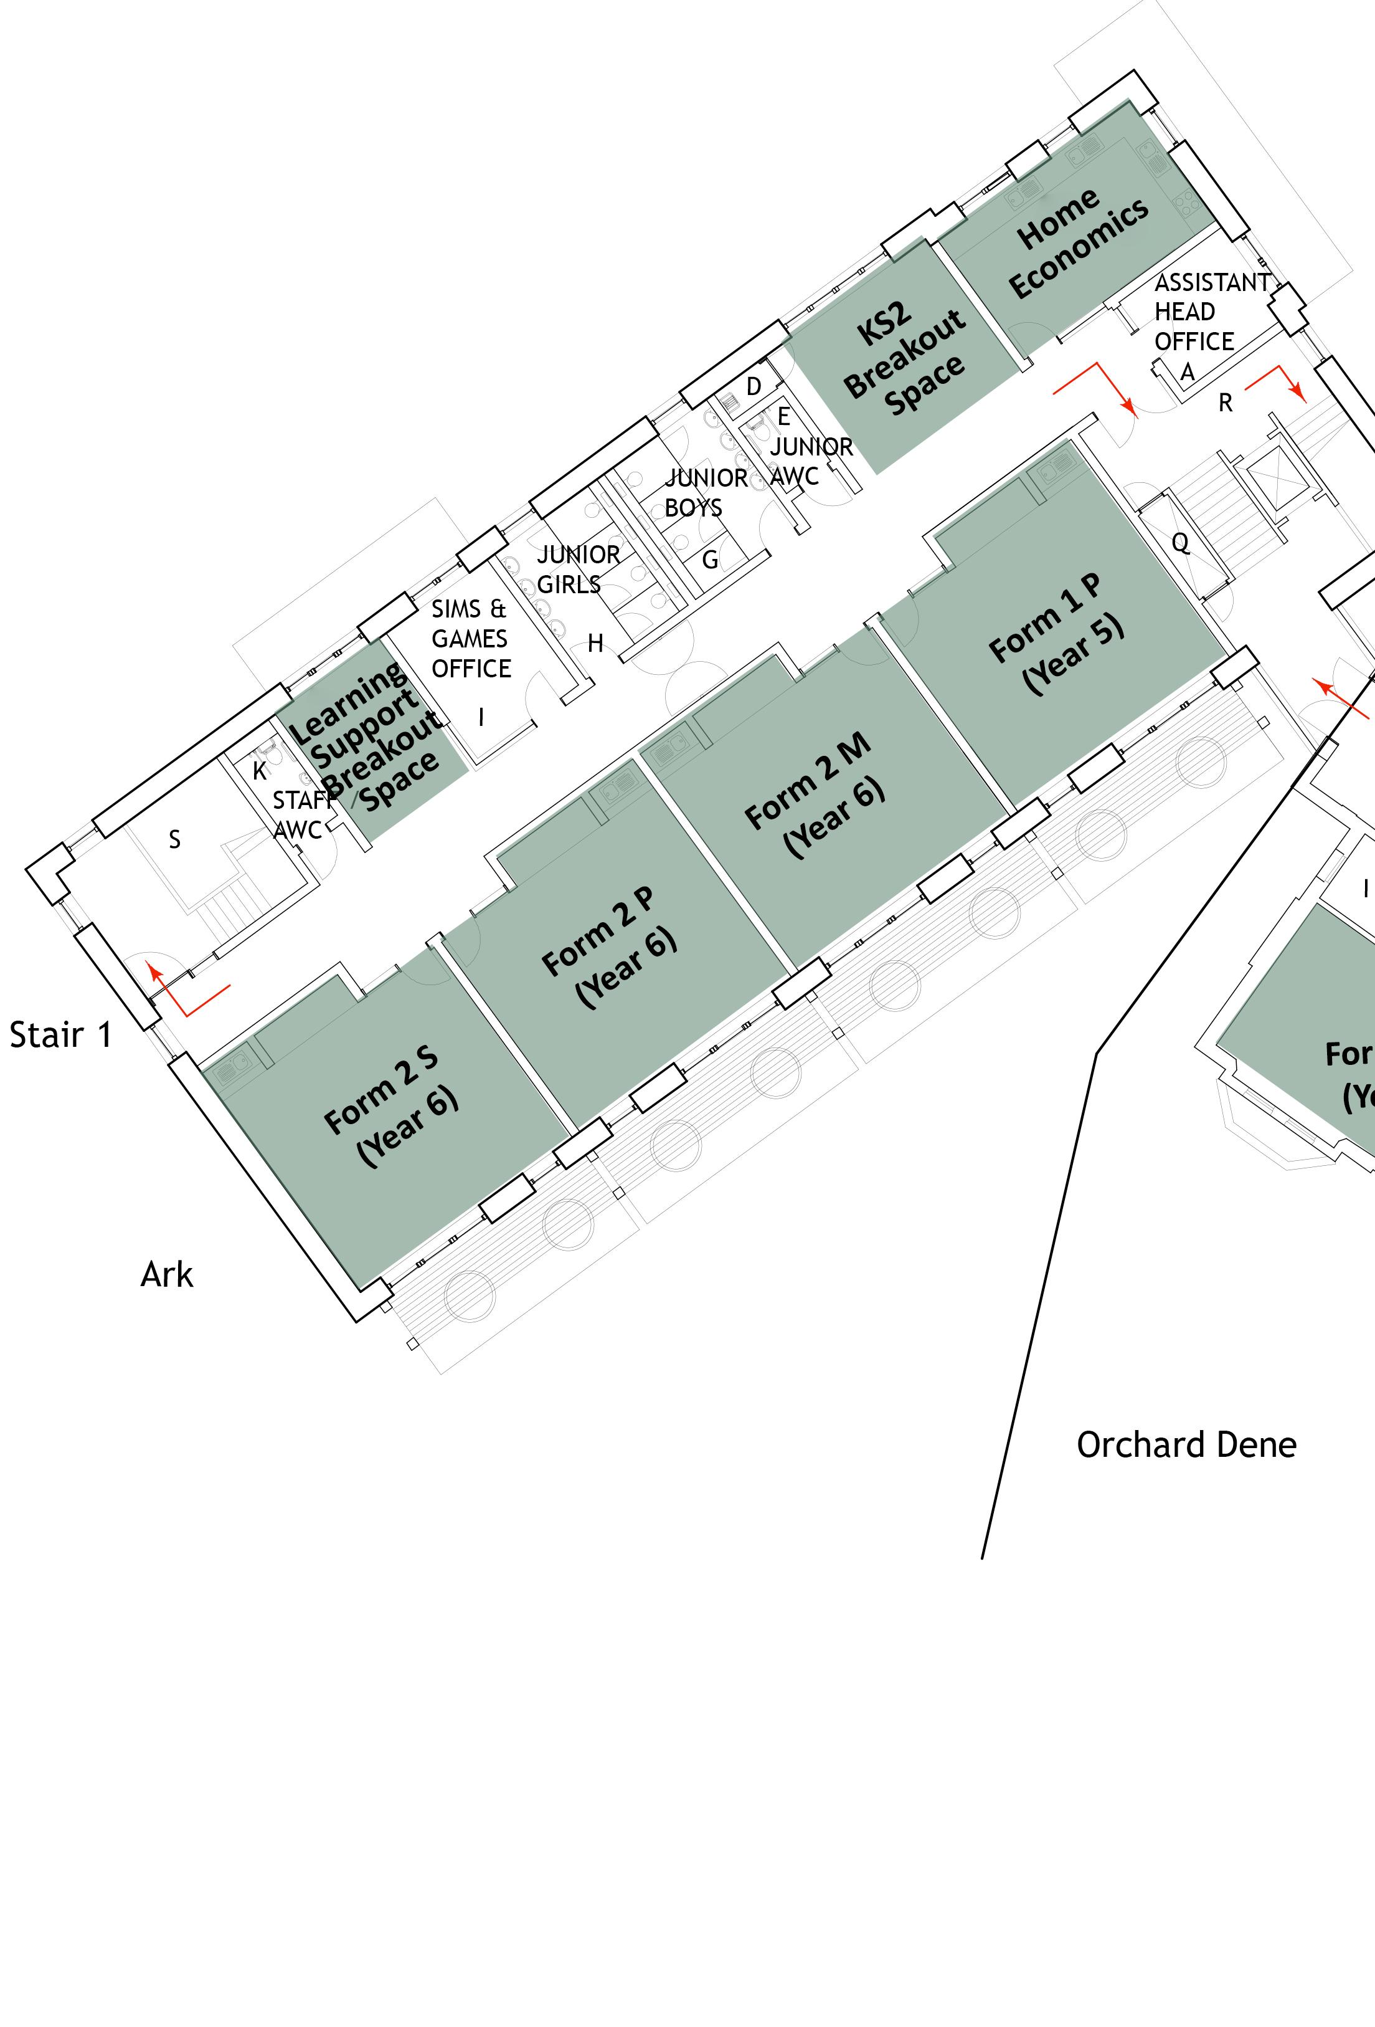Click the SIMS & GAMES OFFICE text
coord(471,639)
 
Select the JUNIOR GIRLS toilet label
coord(577,569)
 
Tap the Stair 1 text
coord(61,1035)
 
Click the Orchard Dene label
coord(1186,1445)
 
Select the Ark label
coord(166,1275)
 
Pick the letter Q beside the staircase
coord(1179,543)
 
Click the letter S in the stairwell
coord(174,839)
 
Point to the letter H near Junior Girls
coord(595,644)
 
